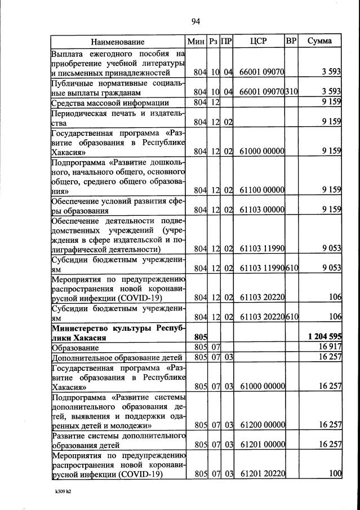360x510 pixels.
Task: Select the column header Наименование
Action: tap(118, 42)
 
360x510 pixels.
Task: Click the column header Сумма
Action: tap(319, 41)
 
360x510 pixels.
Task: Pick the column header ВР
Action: tap(291, 41)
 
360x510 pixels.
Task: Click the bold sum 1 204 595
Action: tap(325, 336)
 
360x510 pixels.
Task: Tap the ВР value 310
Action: tap(291, 92)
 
